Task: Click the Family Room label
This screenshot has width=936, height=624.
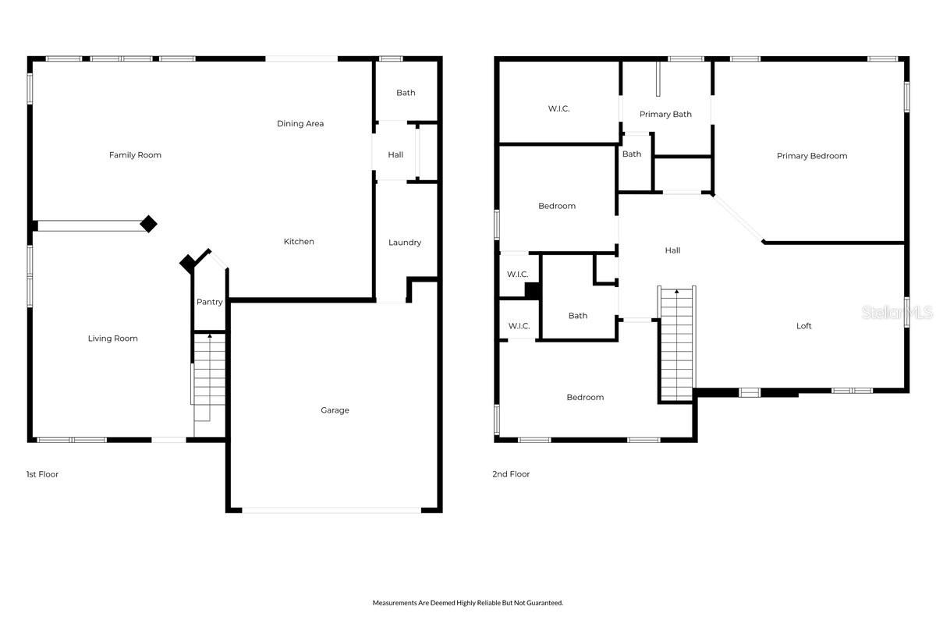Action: click(135, 155)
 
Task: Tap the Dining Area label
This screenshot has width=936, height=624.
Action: click(300, 124)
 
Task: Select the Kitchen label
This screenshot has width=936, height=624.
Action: click(299, 242)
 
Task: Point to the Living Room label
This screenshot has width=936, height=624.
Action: click(113, 339)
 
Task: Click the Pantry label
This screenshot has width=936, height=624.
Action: click(209, 303)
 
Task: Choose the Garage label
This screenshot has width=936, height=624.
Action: click(335, 410)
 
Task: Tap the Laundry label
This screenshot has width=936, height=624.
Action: click(405, 243)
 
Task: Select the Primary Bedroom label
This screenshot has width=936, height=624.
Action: click(811, 156)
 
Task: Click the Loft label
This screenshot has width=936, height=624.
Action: click(803, 326)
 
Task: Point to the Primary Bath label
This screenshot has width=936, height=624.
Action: click(665, 115)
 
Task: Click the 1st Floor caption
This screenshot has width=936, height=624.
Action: click(42, 474)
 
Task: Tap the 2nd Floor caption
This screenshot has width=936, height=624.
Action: click(511, 474)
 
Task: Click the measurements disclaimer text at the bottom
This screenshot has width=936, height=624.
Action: click(467, 603)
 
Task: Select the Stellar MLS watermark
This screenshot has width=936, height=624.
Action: click(897, 313)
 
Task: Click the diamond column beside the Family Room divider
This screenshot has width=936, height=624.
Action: click(148, 225)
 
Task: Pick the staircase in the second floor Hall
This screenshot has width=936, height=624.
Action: click(677, 343)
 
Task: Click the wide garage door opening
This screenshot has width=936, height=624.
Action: click(331, 510)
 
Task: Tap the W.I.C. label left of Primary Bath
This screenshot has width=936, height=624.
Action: click(558, 109)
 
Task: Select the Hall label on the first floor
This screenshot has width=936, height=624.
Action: click(395, 155)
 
